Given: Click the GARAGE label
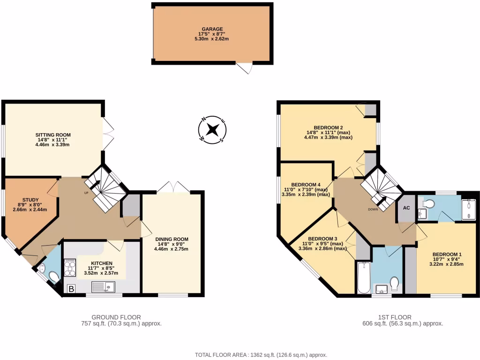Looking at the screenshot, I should pos(212,29).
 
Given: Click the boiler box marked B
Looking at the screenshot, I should pos(71,289).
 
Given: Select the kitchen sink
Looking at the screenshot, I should pos(103,286).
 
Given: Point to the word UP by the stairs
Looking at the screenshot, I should pos(87,193).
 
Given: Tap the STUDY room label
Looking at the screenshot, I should pos(31,199).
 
